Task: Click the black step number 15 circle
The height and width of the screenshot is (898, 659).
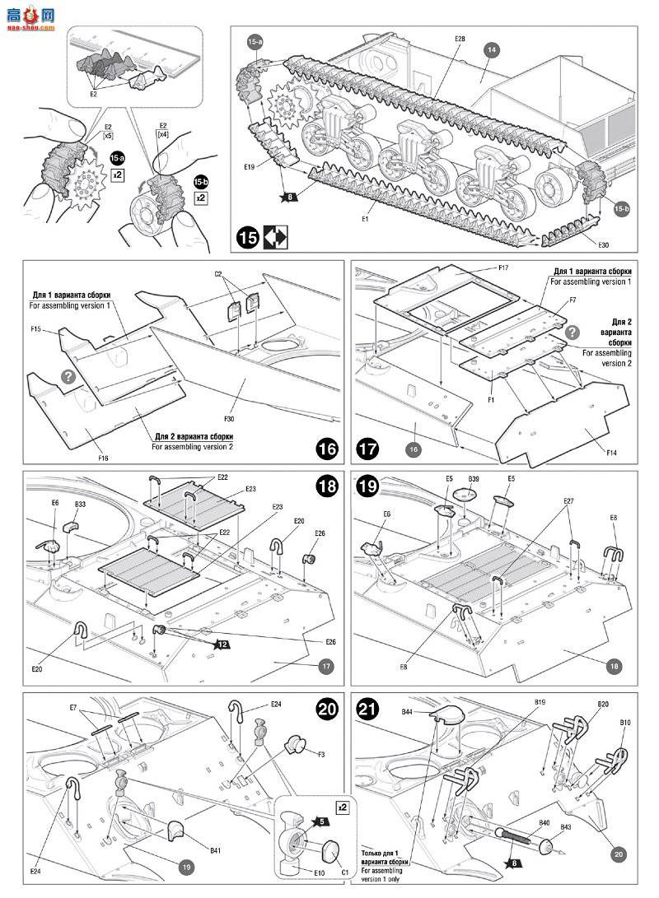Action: click(x=246, y=238)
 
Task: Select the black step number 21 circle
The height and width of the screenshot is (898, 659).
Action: click(x=367, y=710)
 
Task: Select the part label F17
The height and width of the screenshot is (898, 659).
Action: click(x=503, y=268)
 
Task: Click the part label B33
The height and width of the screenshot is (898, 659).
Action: click(x=80, y=504)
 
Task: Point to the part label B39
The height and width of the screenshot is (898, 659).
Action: click(x=473, y=478)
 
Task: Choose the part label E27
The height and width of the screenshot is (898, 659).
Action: click(x=568, y=500)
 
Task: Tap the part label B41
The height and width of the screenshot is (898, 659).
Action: click(x=216, y=849)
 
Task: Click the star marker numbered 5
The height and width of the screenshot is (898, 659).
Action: click(x=319, y=821)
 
